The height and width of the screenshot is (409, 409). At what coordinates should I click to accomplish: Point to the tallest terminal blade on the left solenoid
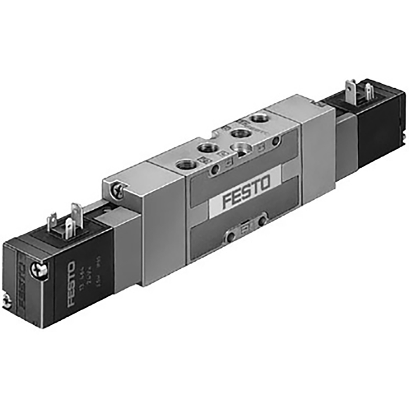pos(75,214)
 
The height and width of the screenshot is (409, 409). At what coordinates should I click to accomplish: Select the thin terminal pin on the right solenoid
pos(368,91)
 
